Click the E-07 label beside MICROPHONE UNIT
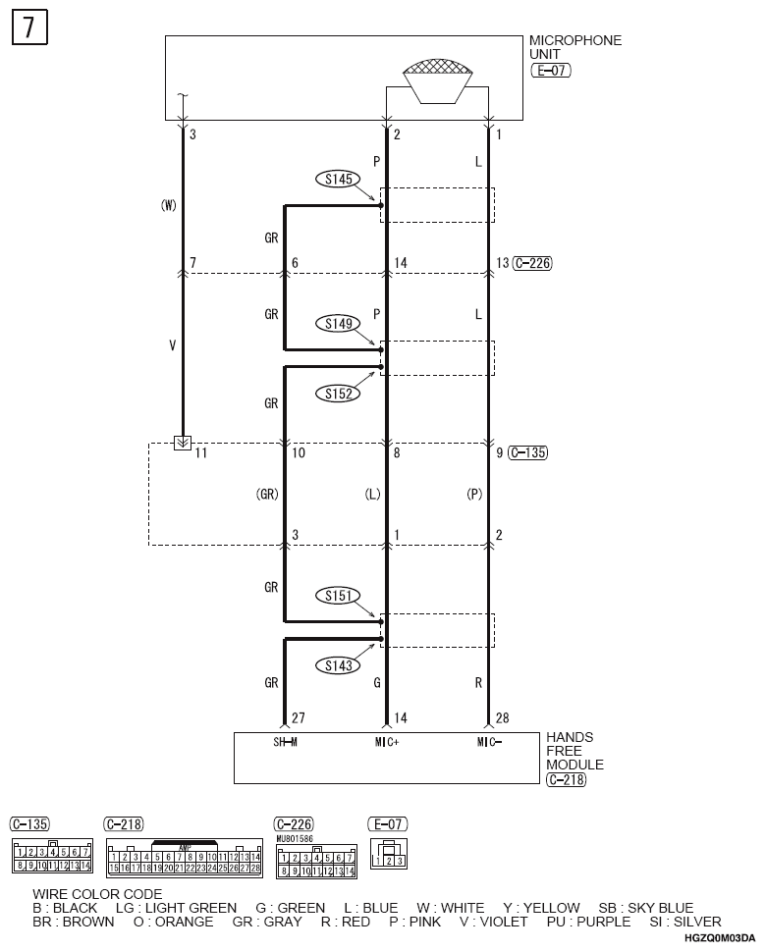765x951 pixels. point(550,72)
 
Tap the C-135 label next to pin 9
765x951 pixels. point(528,453)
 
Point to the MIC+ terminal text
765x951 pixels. point(386,742)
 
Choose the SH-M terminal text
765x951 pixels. point(285,742)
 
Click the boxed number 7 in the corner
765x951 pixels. point(29,28)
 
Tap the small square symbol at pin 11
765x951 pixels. point(182,444)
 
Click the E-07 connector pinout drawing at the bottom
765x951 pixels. point(388,854)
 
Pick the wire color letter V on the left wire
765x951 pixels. point(173,346)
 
